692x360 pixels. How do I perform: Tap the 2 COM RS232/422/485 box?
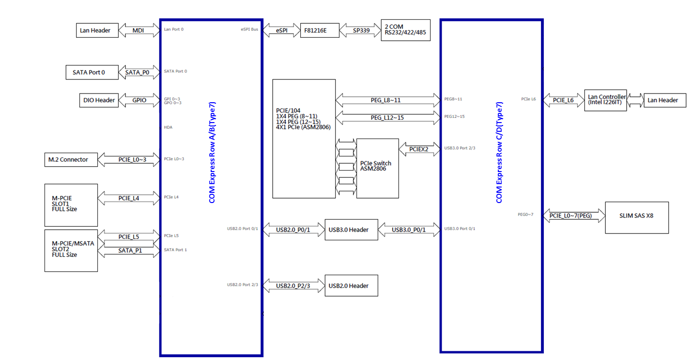405,30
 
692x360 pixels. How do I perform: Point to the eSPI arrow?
281,31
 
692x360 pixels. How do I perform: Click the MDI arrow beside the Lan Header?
138,31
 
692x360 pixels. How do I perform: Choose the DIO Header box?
99,100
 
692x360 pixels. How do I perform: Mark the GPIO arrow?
139,100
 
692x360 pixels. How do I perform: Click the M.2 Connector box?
71,159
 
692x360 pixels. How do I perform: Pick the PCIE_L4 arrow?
129,198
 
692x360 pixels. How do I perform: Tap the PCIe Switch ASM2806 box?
377,168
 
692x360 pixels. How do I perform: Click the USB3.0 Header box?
351,230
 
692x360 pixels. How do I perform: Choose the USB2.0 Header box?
351,286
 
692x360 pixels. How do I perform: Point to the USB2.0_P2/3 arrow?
293,286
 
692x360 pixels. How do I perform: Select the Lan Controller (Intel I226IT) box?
605,100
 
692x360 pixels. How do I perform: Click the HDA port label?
168,127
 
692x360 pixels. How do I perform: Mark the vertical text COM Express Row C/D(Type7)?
499,153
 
